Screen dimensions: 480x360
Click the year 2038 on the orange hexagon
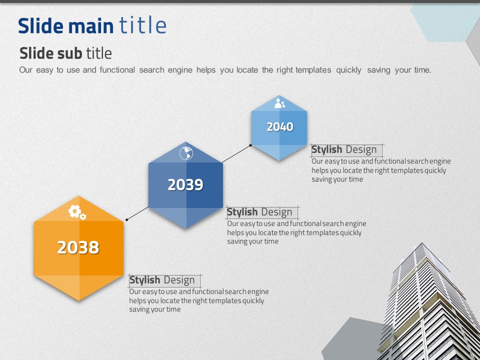click(x=78, y=247)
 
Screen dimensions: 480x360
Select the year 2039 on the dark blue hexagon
click(x=185, y=184)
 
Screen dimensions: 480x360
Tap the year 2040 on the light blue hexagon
click(x=280, y=126)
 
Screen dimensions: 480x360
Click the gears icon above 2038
click(x=77, y=212)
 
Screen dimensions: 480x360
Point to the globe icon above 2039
click(x=186, y=153)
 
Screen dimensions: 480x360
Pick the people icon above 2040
click(x=279, y=103)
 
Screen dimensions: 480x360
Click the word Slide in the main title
click(x=41, y=26)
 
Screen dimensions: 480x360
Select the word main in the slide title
click(x=91, y=26)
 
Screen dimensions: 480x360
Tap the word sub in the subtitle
click(x=69, y=53)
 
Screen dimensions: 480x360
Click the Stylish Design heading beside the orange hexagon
click(x=162, y=280)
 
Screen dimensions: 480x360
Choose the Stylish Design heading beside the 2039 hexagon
click(x=259, y=212)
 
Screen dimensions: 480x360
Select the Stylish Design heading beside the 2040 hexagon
click(x=344, y=149)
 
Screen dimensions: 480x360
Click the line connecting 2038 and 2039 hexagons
click(x=138, y=213)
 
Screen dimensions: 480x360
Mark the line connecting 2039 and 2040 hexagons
click(x=236, y=153)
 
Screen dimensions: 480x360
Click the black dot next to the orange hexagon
click(x=126, y=220)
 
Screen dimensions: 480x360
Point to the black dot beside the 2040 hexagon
click(x=250, y=145)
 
